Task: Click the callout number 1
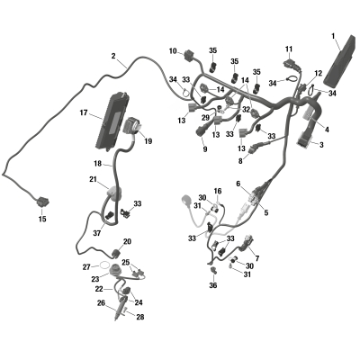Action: click(333, 36)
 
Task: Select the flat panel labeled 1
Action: click(340, 59)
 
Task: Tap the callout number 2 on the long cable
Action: click(113, 56)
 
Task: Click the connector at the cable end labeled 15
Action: click(43, 202)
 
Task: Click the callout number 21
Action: click(93, 179)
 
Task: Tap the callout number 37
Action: click(97, 232)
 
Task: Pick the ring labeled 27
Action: click(104, 265)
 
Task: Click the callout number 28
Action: click(140, 317)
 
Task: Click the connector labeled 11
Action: click(290, 64)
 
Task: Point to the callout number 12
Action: click(319, 73)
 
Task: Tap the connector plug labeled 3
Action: click(304, 141)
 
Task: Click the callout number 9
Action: click(205, 149)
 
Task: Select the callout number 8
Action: click(240, 161)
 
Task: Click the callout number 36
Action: click(213, 285)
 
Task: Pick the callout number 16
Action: click(218, 191)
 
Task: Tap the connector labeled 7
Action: click(247, 243)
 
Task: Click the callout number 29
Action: click(205, 118)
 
